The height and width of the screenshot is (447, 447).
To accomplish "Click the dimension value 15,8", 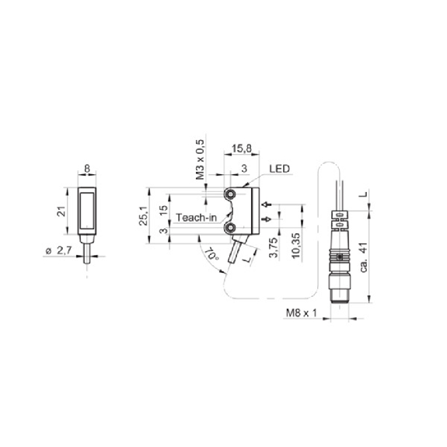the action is tap(242, 148).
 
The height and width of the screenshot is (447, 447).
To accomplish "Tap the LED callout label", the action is tap(279, 169).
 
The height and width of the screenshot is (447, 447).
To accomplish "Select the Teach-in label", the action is tap(196, 218).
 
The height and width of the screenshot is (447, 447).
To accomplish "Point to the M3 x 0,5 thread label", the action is tap(201, 159).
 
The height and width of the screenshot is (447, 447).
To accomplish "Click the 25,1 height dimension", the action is tap(143, 215).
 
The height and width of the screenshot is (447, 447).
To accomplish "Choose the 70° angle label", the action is tap(211, 253).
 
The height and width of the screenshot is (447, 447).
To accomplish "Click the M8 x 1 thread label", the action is tap(302, 313).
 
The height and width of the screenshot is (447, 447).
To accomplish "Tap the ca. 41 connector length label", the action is tap(364, 257).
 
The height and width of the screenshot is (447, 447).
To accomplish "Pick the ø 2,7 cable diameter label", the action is tap(59, 250).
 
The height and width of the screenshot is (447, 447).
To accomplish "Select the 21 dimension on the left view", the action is tap(61, 211).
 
